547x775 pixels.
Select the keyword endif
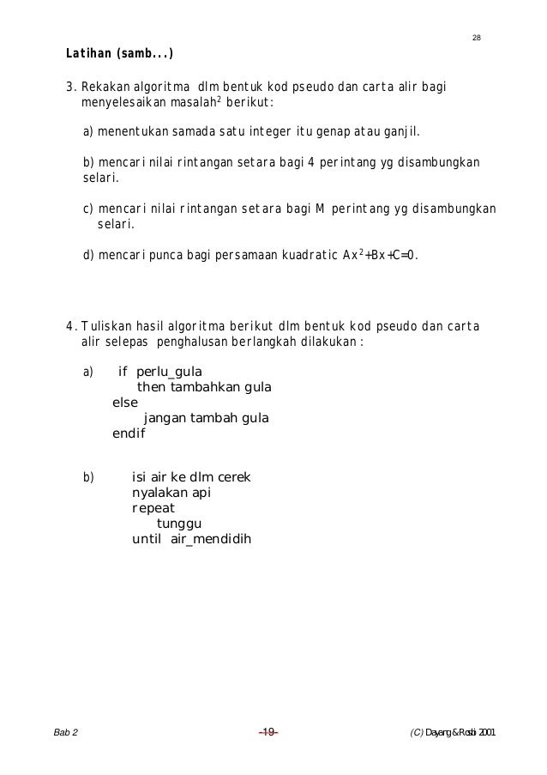click(129, 433)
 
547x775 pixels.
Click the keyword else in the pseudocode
click(125, 403)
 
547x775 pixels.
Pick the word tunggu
click(179, 524)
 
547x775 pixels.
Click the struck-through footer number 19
click(267, 732)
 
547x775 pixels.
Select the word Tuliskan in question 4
click(104, 326)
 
